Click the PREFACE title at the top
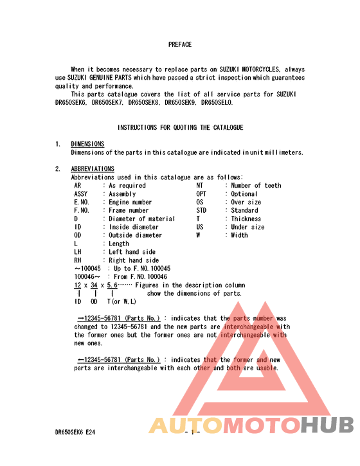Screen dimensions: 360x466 click(x=180, y=44)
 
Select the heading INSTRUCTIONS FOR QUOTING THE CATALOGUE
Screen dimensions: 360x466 click(x=180, y=127)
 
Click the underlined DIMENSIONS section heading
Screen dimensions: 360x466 click(x=87, y=144)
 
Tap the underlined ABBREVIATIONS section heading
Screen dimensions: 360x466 click(x=93, y=169)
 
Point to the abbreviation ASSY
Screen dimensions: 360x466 click(x=81, y=194)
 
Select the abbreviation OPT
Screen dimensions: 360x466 click(x=201, y=194)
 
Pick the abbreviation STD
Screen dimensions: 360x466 click(x=201, y=211)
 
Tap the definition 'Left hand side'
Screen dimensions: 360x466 click(x=133, y=253)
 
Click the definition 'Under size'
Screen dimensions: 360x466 click(x=248, y=228)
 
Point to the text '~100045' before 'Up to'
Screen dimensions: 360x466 click(x=88, y=269)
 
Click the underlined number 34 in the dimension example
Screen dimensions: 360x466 click(x=94, y=285)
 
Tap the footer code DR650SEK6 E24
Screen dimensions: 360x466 click(x=75, y=433)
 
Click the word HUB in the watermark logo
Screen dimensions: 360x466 click(x=328, y=426)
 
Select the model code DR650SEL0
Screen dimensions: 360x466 click(x=217, y=102)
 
